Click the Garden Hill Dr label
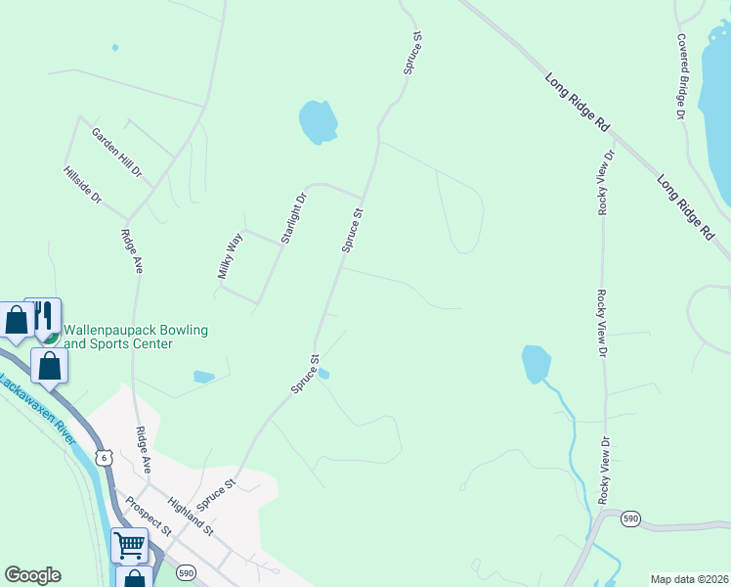tap(117, 153)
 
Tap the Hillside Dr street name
tap(82, 184)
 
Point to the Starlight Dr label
tap(293, 218)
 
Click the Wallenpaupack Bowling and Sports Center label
tap(136, 337)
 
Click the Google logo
tap(32, 575)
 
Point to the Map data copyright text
tap(689, 579)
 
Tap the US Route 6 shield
tap(103, 457)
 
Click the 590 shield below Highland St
tap(186, 571)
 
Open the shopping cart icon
tap(129, 544)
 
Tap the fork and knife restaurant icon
tap(43, 315)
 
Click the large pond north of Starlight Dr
tap(318, 122)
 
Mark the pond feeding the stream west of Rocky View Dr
tap(536, 363)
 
